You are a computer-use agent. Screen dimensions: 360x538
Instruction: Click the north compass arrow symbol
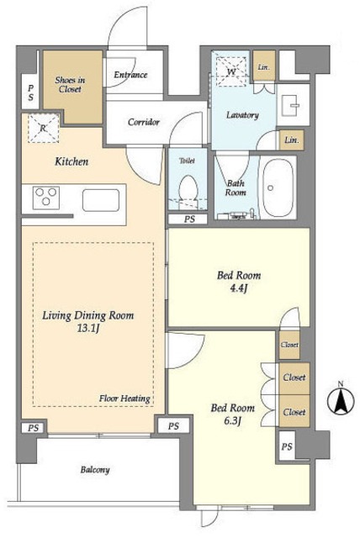[x=341, y=400]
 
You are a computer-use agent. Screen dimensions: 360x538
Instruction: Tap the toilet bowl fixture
[x=188, y=191]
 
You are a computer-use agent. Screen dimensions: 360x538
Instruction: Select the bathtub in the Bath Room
[x=278, y=187]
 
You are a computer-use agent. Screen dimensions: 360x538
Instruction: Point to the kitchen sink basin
[x=101, y=200]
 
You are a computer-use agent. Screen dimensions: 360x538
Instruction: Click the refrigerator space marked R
[x=43, y=129]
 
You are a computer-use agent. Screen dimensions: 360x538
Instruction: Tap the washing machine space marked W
[x=231, y=71]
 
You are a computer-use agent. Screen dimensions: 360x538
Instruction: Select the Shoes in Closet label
[x=70, y=84]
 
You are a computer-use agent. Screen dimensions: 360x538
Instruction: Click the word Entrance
[x=130, y=75]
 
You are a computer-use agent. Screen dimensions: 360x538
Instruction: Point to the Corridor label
[x=144, y=122]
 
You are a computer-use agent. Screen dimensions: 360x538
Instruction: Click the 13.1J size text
[x=88, y=329]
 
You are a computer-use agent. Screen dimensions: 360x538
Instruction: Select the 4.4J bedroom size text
[x=239, y=288]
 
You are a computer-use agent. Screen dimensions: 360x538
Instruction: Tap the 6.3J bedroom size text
[x=232, y=420]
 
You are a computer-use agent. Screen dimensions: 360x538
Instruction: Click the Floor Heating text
[x=124, y=398]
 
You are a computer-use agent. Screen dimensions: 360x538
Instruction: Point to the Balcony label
[x=95, y=469]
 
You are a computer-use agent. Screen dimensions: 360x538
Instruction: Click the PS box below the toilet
[x=188, y=219]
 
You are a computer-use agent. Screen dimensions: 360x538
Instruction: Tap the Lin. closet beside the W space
[x=264, y=66]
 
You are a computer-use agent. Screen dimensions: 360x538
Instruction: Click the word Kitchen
[x=71, y=161]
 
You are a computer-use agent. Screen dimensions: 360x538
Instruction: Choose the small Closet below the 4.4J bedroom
[x=289, y=345]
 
